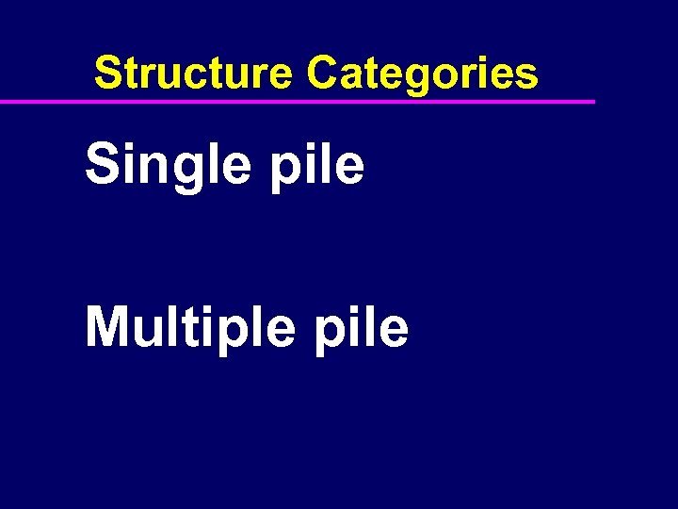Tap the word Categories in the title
tap(423, 74)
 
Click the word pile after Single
tap(316, 166)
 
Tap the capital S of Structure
tap(108, 73)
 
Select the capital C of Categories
tap(323, 73)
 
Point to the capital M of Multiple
tap(107, 327)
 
